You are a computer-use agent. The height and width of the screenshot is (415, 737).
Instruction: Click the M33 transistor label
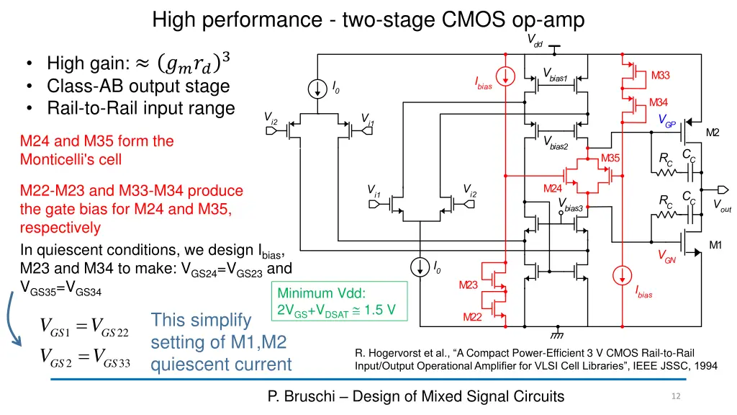coord(660,76)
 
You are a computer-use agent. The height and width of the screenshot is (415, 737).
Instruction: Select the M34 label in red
coord(659,102)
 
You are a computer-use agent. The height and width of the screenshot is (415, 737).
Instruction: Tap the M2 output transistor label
coord(713,132)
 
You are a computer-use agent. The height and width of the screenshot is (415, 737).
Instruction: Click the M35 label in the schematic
coord(610,159)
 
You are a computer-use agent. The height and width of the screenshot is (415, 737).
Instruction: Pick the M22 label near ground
coord(472,318)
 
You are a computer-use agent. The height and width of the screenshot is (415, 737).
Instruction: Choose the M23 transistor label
coord(468,285)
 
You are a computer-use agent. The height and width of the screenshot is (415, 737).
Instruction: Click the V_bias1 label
coord(556,75)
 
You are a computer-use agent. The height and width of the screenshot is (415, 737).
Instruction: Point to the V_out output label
coord(722,205)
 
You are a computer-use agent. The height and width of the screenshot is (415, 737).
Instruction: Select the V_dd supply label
coord(536,40)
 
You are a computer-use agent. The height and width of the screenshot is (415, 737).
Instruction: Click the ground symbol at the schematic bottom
coord(555,334)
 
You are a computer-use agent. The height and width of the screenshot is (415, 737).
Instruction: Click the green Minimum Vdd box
coord(339,301)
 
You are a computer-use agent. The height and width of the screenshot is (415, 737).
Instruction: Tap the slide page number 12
coord(674,396)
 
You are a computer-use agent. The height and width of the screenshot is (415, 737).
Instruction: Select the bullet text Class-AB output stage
coord(138,86)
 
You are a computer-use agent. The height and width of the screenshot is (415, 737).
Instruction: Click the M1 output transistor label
coord(715,246)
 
